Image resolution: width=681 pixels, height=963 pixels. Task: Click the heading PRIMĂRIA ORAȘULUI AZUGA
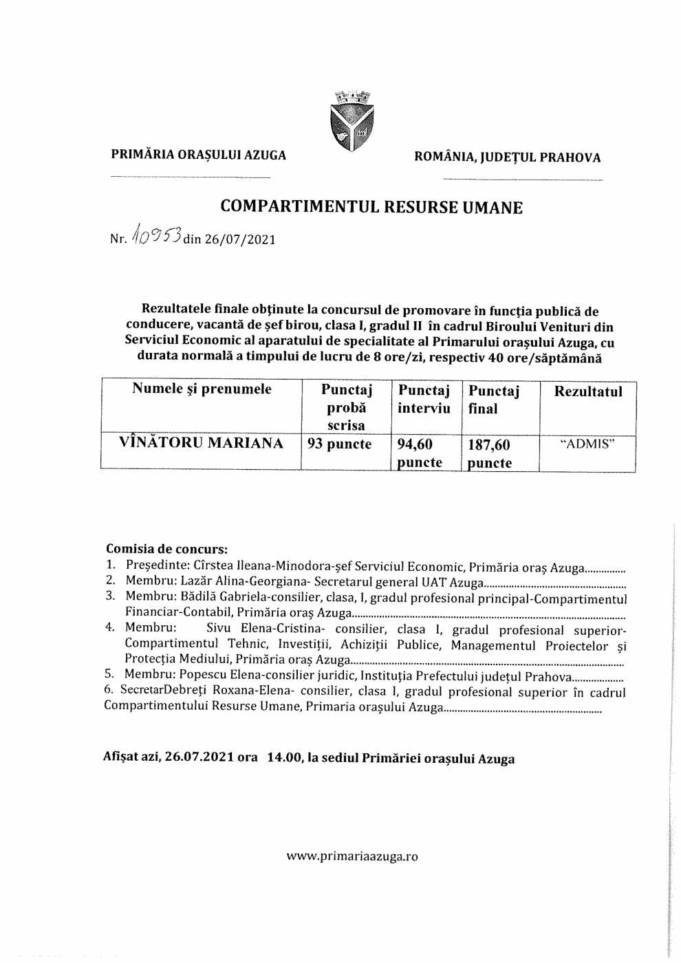coord(199,155)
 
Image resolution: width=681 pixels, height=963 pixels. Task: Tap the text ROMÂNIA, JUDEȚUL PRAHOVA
coord(507,158)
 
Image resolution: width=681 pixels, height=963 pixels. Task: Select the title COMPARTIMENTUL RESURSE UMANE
coord(371,207)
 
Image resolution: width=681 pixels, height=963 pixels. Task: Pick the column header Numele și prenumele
coord(202,389)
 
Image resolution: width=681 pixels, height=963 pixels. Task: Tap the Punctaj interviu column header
coord(424,399)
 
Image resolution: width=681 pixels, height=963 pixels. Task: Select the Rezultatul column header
coord(587,391)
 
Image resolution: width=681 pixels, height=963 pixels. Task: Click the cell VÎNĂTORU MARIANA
coord(202,443)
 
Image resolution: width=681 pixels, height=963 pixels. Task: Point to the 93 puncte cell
coord(339,444)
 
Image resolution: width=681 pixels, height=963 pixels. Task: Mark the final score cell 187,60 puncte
coord(490,454)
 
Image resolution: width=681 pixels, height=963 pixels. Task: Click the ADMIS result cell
coord(587,444)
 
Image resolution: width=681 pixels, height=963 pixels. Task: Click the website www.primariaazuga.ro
coord(352,856)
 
